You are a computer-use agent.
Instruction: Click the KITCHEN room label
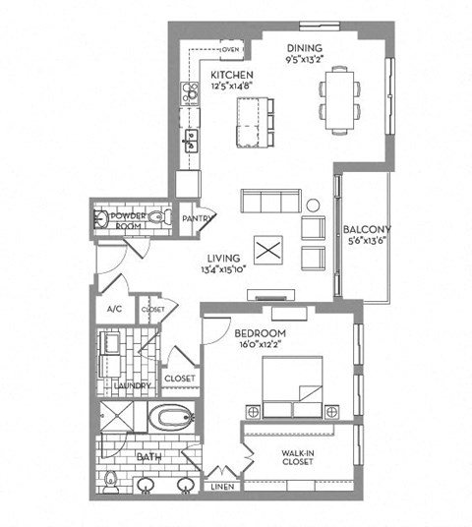pyautogui.click(x=233, y=76)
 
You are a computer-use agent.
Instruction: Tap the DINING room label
pyautogui.click(x=304, y=48)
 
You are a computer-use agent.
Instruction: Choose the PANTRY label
pyautogui.click(x=198, y=219)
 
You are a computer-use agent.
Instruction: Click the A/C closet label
pyautogui.click(x=114, y=308)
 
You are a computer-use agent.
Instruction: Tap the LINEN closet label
pyautogui.click(x=221, y=486)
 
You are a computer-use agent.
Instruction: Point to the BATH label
pyautogui.click(x=150, y=456)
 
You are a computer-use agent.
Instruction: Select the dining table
pyautogui.click(x=338, y=98)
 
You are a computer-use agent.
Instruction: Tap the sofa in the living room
pyautogui.click(x=270, y=203)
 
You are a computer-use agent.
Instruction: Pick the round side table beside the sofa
pyautogui.click(x=314, y=205)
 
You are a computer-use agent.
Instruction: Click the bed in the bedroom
pyautogui.click(x=294, y=384)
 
